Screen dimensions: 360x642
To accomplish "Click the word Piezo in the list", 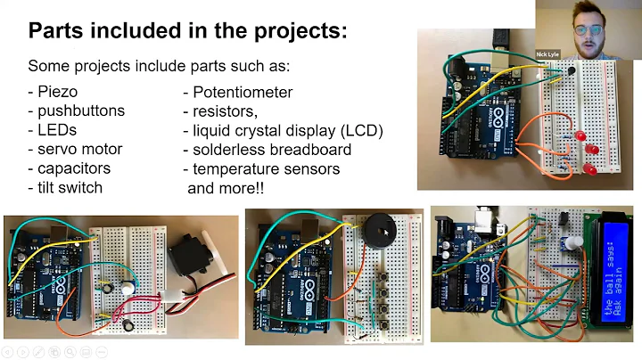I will [x=57, y=92].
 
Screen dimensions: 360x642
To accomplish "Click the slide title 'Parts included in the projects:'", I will [x=187, y=32].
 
